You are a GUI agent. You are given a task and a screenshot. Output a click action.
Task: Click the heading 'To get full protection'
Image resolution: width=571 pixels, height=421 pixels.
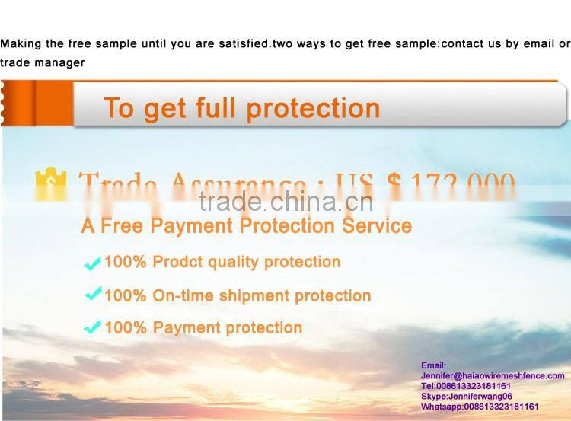(x=241, y=108)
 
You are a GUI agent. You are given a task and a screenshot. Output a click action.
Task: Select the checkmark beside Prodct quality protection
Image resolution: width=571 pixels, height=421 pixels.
(x=92, y=263)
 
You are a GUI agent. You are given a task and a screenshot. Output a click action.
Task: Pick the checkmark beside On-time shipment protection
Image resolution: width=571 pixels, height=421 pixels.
(x=92, y=295)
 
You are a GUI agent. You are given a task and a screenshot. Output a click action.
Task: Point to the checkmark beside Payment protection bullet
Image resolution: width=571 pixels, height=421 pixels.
(x=92, y=328)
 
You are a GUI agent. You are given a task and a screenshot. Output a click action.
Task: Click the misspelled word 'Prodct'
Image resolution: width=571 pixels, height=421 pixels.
(x=177, y=262)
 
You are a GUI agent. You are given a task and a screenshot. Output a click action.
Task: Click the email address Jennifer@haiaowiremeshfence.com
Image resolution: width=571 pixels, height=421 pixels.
(x=493, y=375)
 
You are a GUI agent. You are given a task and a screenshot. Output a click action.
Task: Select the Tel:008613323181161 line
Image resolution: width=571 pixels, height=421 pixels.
(x=465, y=386)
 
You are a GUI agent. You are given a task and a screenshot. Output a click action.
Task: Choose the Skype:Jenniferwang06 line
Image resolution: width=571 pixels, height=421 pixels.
(x=466, y=396)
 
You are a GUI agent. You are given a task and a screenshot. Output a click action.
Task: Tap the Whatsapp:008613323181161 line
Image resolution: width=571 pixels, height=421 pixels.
(x=479, y=407)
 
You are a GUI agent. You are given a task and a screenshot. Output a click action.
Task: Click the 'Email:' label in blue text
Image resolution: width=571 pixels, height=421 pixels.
(x=433, y=365)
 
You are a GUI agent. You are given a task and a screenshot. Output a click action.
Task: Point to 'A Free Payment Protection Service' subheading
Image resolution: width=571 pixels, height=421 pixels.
(x=246, y=226)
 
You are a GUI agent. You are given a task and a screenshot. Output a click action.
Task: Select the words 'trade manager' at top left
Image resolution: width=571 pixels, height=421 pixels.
(x=43, y=62)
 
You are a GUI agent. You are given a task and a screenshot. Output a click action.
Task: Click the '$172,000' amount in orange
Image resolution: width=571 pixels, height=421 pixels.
(x=450, y=183)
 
